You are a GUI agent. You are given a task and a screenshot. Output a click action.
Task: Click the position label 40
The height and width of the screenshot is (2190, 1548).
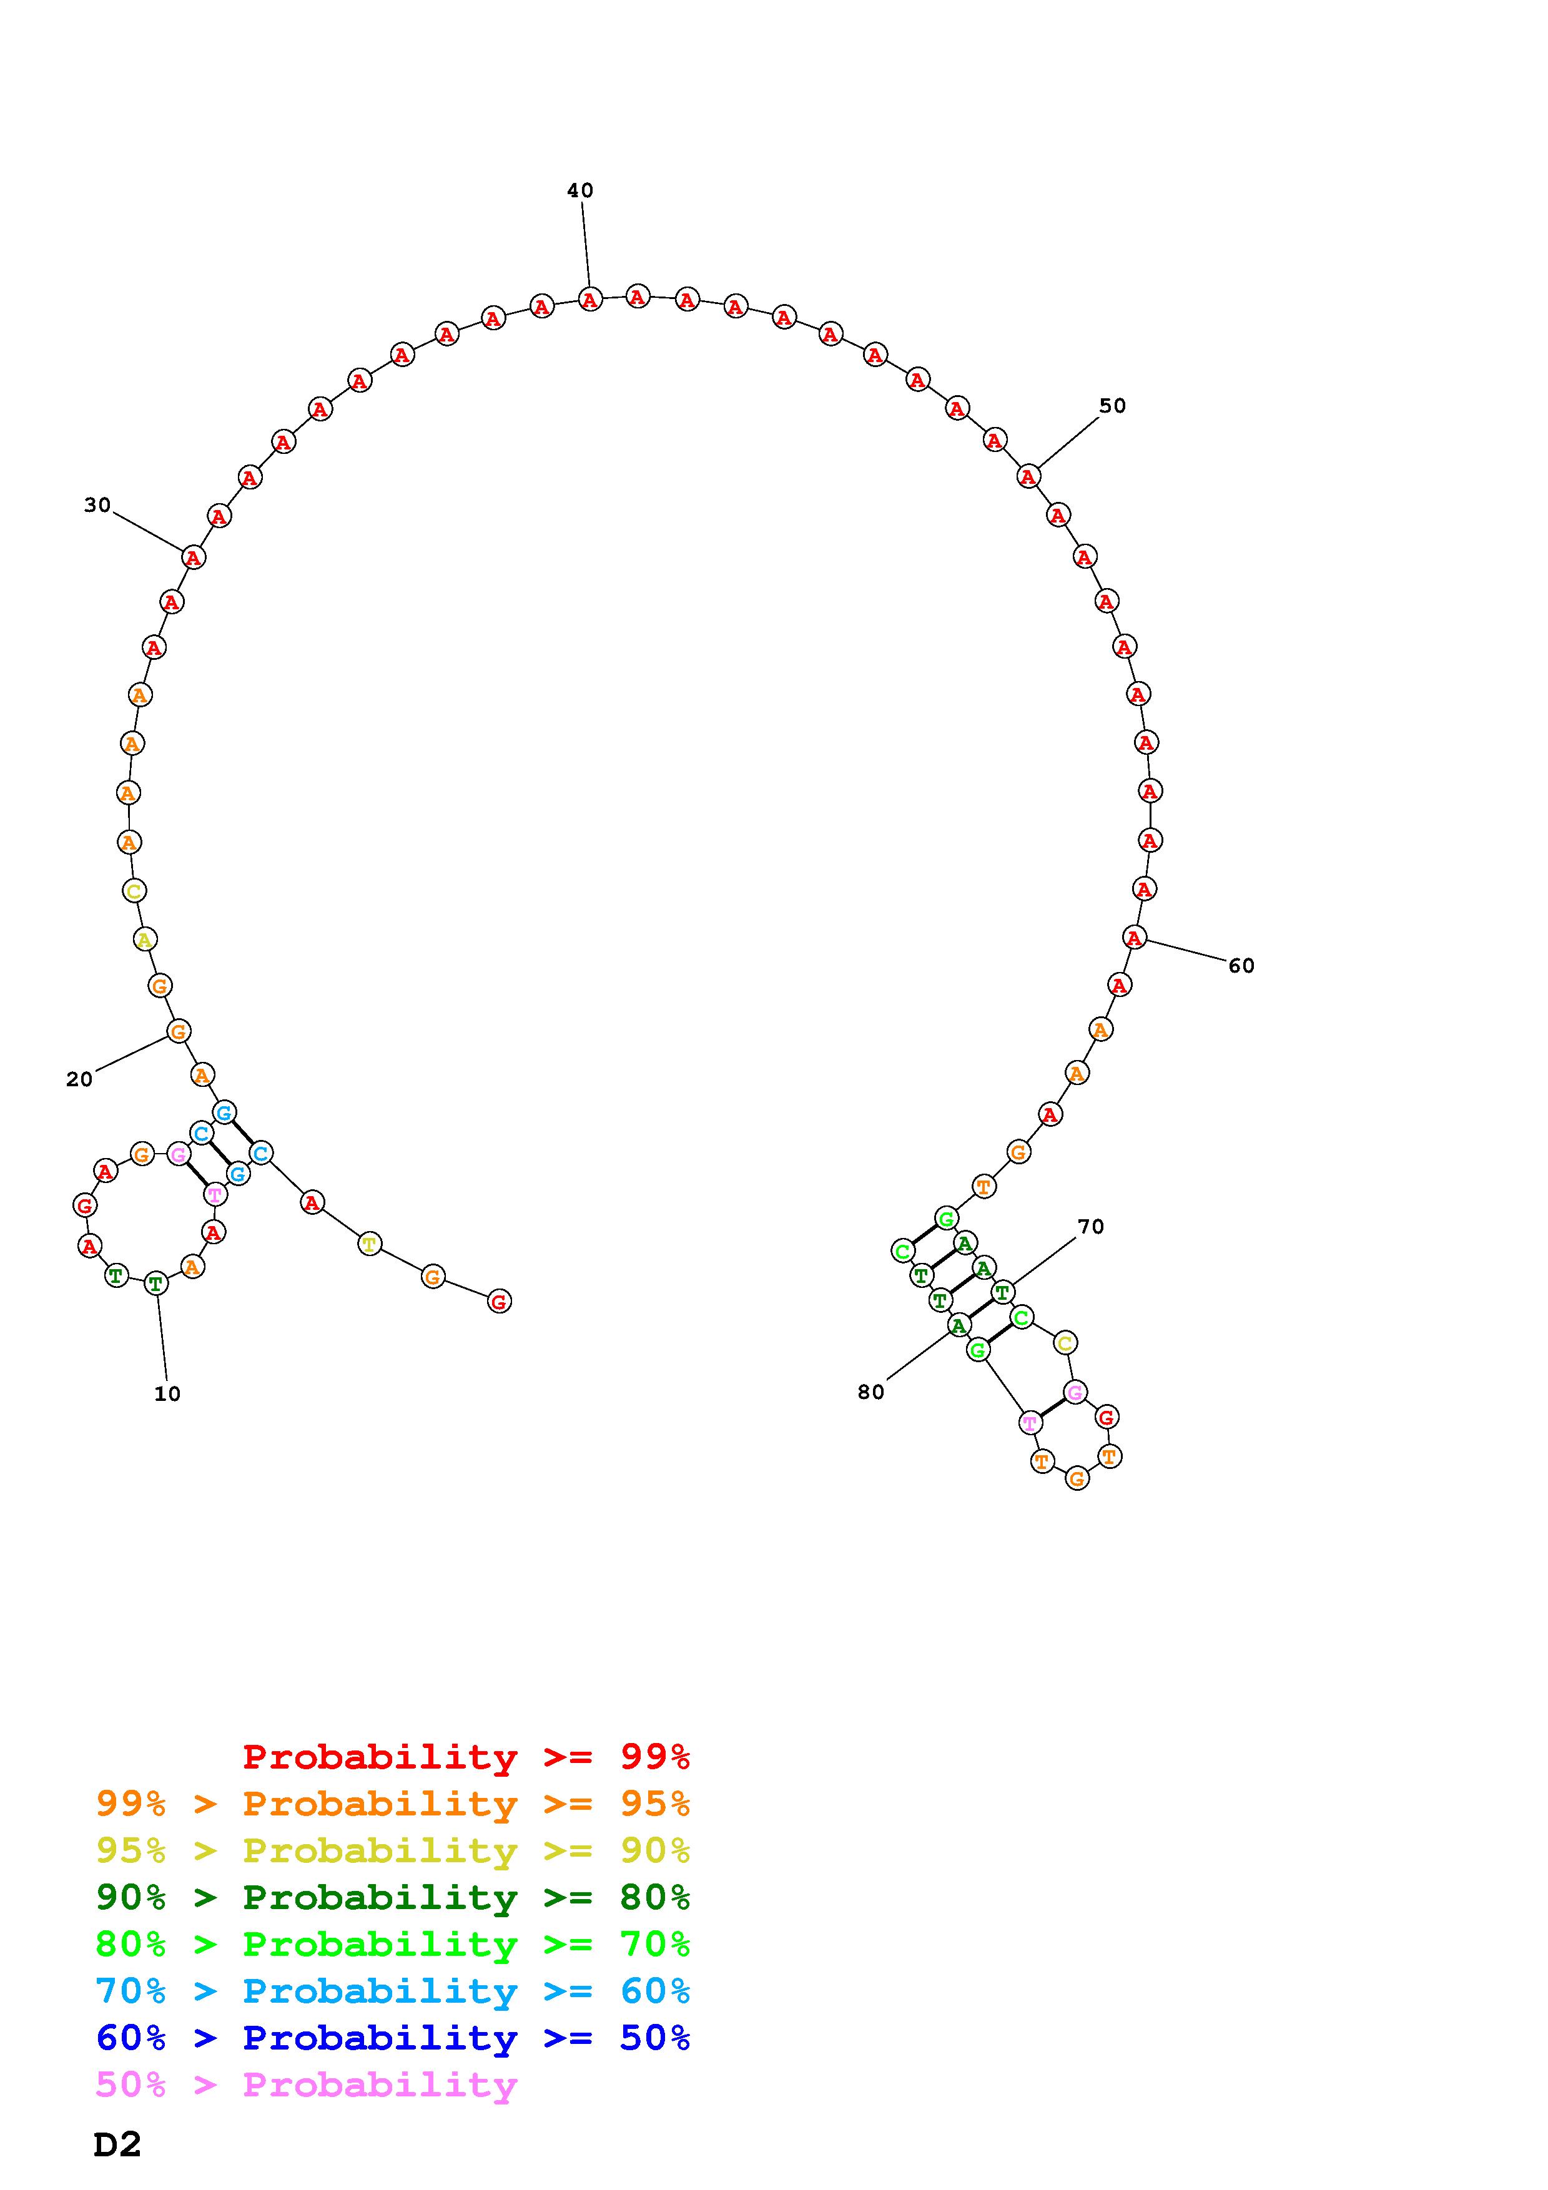(x=580, y=191)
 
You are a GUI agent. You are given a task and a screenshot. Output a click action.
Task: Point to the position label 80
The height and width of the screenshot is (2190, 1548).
(x=871, y=1392)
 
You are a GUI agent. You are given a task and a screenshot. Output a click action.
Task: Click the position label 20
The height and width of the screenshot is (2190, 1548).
(x=79, y=1079)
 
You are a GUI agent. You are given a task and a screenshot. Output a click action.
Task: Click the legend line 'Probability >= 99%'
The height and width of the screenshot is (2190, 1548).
(x=466, y=1756)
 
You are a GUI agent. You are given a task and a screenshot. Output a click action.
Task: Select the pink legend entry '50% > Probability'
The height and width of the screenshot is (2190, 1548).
(x=306, y=2084)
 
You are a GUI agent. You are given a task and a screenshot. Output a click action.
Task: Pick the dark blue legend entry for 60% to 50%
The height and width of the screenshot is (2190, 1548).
(x=393, y=2038)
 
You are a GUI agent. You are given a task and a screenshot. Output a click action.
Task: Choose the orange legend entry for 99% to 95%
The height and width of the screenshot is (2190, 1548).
(x=393, y=1803)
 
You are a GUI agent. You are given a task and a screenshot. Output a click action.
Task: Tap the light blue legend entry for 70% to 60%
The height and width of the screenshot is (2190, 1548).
(x=393, y=1991)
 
